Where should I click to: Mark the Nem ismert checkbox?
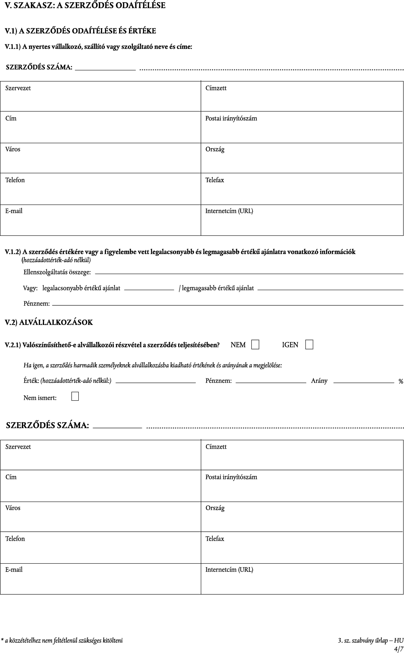(x=75, y=396)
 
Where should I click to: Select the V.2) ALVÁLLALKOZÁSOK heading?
(x=49, y=322)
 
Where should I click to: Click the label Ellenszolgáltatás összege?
(x=57, y=272)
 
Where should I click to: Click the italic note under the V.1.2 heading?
(x=56, y=260)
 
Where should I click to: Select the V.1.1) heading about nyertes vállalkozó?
(x=98, y=47)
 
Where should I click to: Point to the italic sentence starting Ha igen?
(x=153, y=365)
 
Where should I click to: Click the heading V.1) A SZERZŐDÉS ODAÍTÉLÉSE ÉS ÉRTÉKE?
(x=80, y=31)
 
